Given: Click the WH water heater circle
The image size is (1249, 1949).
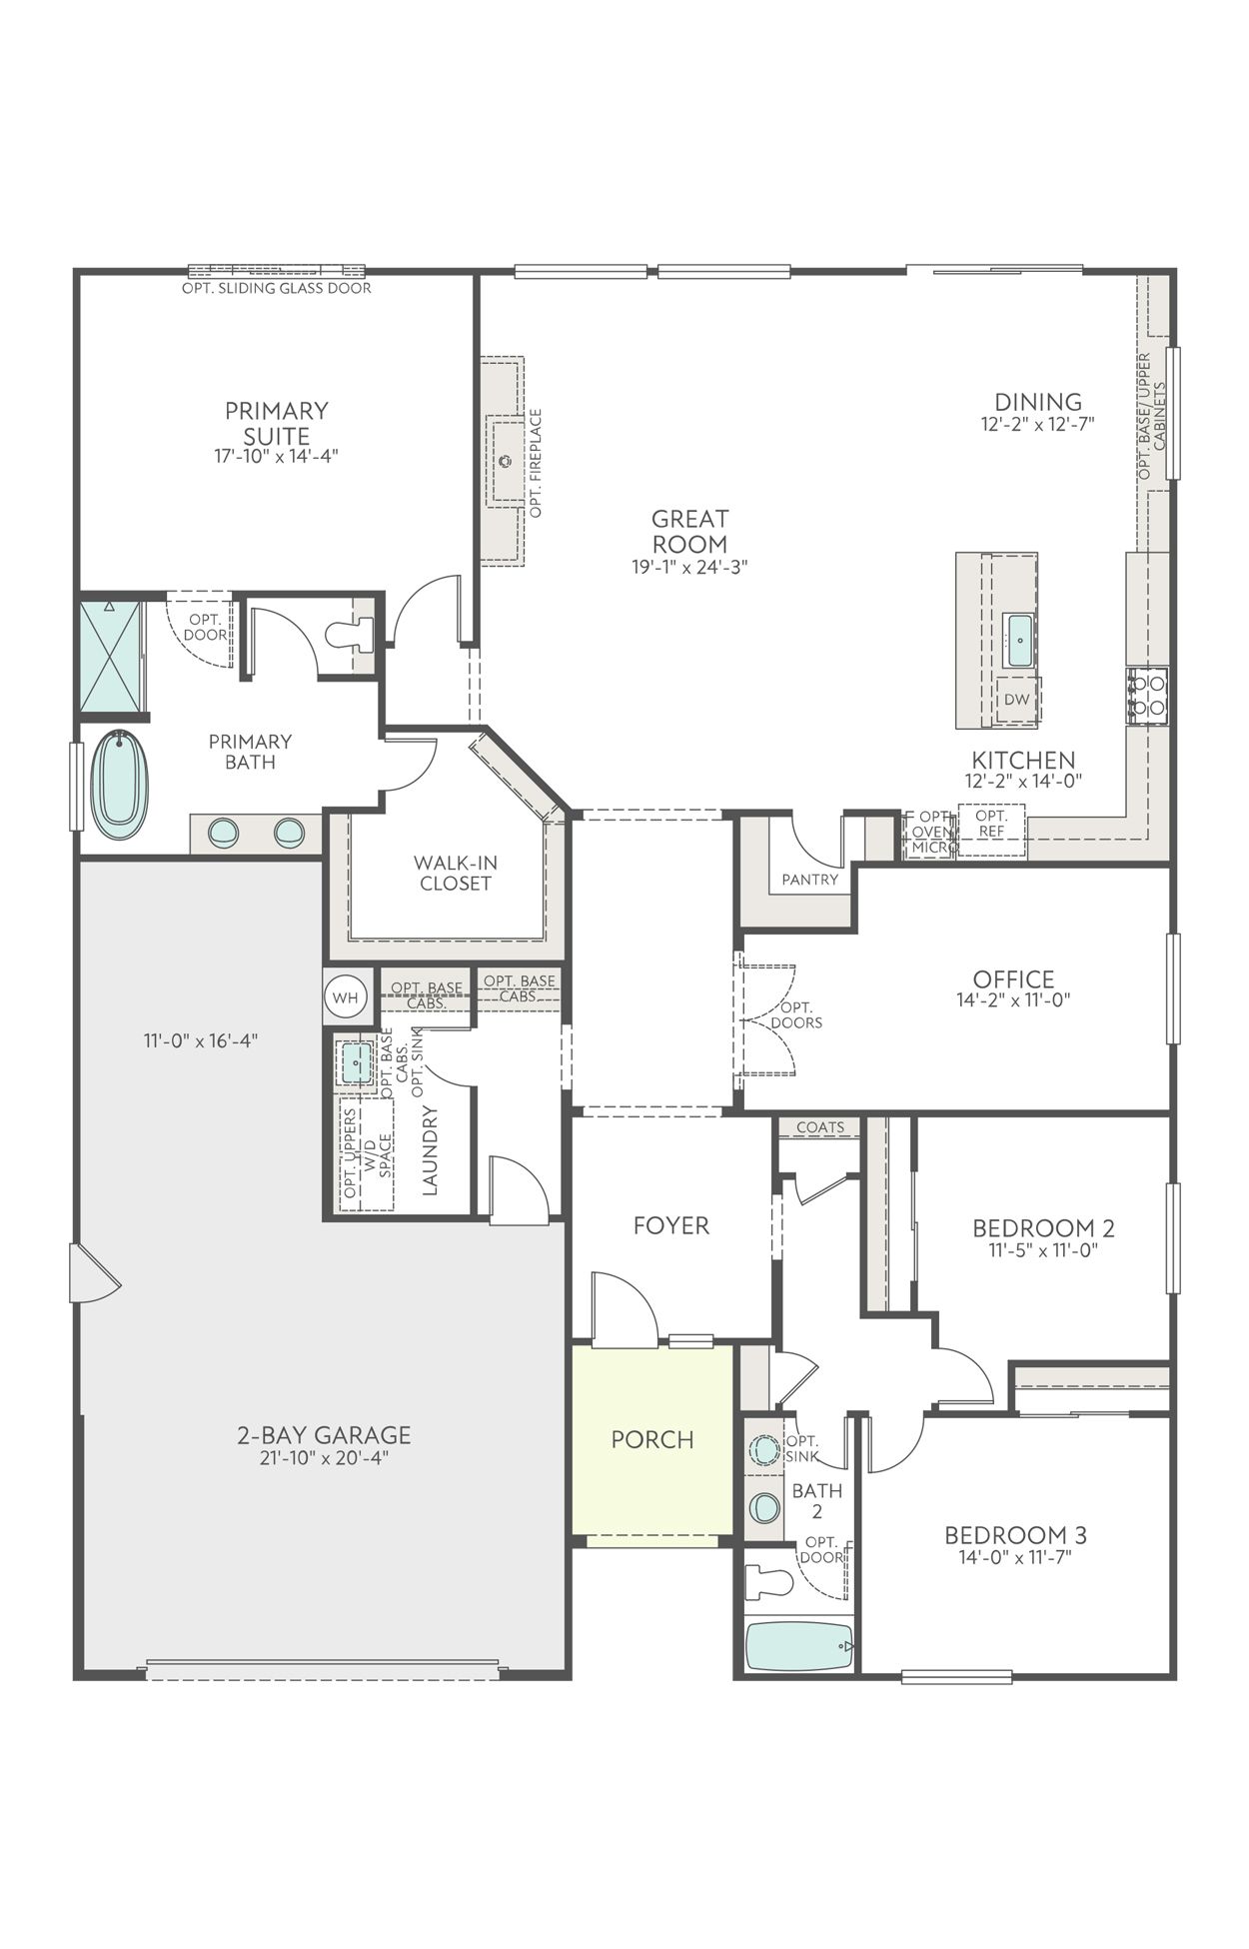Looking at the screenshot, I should coord(345,996).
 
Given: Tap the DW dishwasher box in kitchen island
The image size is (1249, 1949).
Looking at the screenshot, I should coord(1016,700).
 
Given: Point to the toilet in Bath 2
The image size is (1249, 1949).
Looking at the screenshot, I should coord(769,1582).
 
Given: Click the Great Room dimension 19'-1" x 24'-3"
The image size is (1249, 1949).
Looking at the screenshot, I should coord(689,567).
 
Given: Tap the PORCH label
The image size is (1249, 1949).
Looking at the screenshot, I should coord(651,1439).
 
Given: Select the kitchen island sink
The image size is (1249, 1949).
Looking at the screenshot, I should coord(1018,641).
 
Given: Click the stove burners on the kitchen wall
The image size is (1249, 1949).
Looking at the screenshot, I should coord(1146,695).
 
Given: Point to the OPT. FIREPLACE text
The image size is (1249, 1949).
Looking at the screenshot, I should coord(536,463).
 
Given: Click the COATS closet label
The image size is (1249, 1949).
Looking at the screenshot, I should coord(820,1127).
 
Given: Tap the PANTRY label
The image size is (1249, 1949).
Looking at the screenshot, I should coord(809,880).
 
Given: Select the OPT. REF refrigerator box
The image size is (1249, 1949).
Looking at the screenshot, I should coord(991,824).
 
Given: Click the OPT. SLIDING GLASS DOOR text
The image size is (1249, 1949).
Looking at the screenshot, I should coord(276,288).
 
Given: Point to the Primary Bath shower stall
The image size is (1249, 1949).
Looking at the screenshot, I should coord(111,655).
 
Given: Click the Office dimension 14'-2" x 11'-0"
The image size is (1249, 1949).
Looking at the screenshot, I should coord(1013,998).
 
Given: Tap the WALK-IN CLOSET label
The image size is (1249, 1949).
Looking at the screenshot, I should coord(455,873).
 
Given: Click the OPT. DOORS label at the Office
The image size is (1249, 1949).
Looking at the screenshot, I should coord(796,1014).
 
